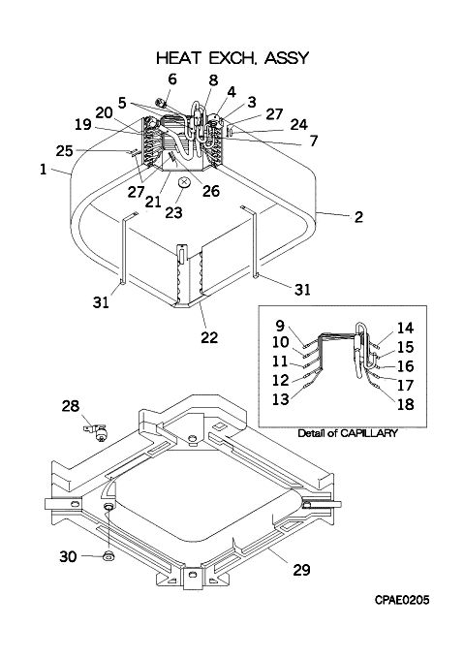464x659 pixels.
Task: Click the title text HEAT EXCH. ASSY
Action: pyautogui.click(x=232, y=58)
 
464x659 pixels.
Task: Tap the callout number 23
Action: pyautogui.click(x=173, y=212)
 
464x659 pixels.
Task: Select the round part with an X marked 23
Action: pyautogui.click(x=185, y=183)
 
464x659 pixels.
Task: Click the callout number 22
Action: pyautogui.click(x=209, y=336)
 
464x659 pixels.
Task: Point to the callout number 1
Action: pyautogui.click(x=43, y=170)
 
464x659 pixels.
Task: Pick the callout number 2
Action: pyautogui.click(x=358, y=217)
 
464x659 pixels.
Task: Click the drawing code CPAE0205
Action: pyautogui.click(x=402, y=600)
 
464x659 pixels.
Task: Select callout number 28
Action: pyautogui.click(x=71, y=406)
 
